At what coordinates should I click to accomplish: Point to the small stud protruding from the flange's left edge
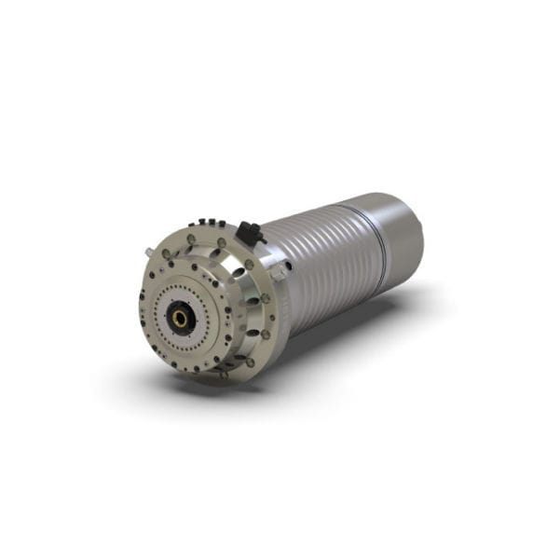pos(149,252)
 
